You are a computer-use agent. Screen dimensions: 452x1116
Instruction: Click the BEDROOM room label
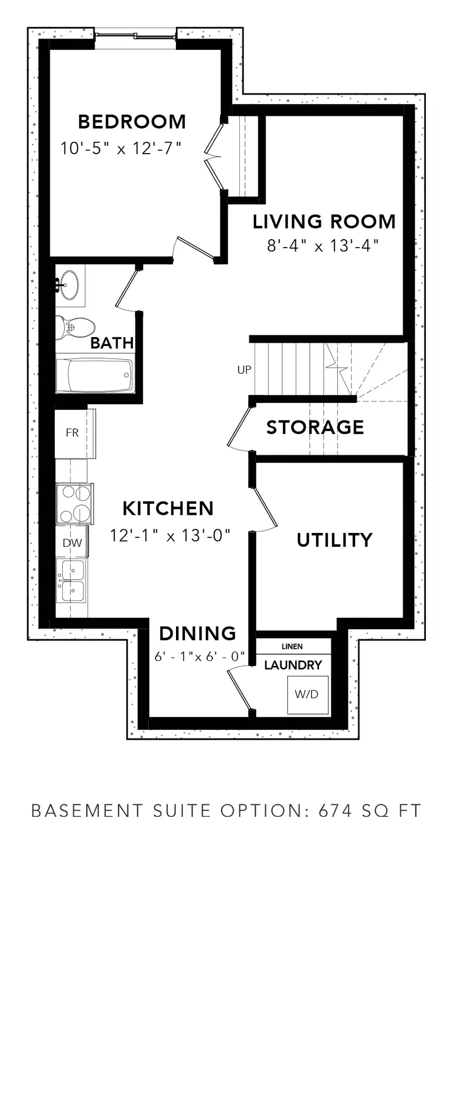click(x=132, y=122)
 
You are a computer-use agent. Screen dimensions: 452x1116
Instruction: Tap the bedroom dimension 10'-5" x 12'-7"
click(x=121, y=148)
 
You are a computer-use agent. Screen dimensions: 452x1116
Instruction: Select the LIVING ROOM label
click(x=324, y=222)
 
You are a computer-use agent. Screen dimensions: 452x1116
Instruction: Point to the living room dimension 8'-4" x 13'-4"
click(x=323, y=246)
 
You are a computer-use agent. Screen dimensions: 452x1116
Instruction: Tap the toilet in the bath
click(x=74, y=327)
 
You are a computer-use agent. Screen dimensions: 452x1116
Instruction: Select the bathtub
click(x=95, y=375)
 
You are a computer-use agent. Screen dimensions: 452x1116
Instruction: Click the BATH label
click(x=112, y=343)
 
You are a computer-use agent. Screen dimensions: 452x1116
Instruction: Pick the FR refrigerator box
click(x=75, y=433)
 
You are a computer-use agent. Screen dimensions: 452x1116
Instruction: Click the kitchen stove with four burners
click(x=74, y=504)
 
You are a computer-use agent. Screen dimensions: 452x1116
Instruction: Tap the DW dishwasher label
click(x=72, y=543)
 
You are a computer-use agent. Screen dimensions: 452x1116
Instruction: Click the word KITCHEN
click(x=168, y=509)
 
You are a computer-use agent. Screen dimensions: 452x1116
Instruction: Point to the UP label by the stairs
click(x=244, y=370)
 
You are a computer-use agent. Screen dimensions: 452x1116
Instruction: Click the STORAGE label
click(x=315, y=427)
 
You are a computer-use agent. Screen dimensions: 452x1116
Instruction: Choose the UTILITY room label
click(x=334, y=540)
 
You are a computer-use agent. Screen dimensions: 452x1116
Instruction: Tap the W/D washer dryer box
click(x=307, y=695)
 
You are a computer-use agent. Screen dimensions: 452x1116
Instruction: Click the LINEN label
click(x=292, y=647)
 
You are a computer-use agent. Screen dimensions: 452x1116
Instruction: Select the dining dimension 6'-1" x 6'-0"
click(x=199, y=657)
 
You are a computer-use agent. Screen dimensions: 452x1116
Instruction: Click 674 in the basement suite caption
click(x=335, y=811)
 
